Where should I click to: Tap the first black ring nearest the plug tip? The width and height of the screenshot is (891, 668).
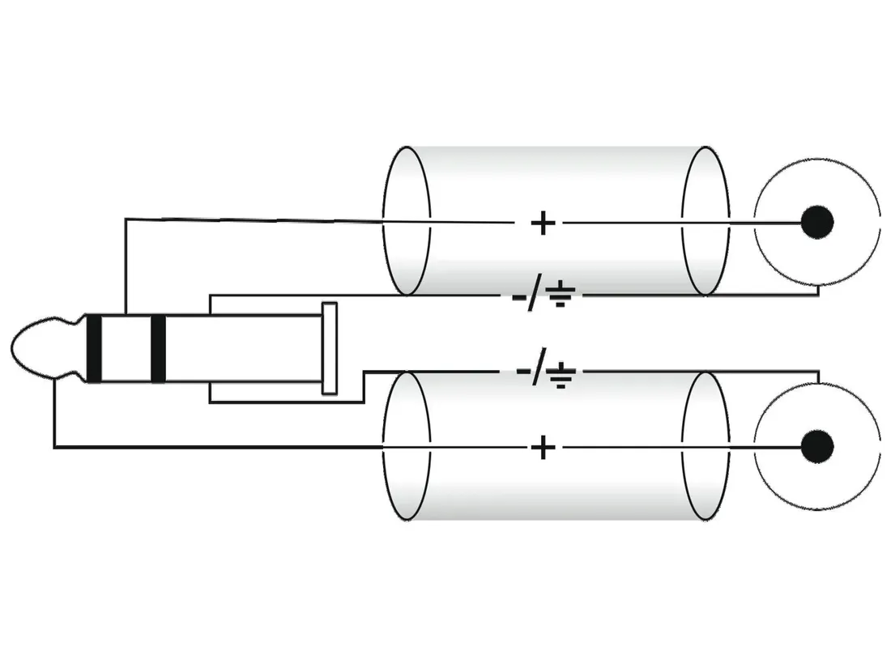[95, 348]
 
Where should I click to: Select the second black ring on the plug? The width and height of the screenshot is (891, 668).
[158, 348]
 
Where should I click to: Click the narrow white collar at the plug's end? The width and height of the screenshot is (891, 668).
[330, 348]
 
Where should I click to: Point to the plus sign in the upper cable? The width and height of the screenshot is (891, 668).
[542, 223]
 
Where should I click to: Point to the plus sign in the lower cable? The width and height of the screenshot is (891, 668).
[542, 446]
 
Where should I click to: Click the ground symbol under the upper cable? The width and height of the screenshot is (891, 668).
[560, 297]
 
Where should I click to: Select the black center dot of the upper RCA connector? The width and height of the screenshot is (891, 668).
[816, 222]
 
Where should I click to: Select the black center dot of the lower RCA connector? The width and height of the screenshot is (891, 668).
[816, 446]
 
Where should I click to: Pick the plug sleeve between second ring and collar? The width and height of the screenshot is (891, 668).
[243, 348]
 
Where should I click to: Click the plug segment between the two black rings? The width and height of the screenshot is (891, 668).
[126, 348]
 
